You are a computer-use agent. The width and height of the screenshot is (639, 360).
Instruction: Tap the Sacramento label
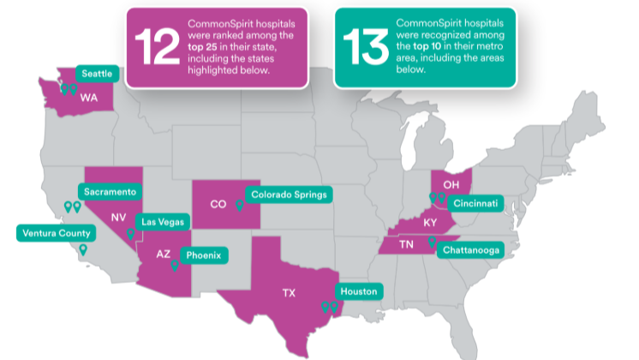(x=111, y=191)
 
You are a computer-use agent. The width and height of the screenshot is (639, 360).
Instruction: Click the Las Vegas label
(x=162, y=222)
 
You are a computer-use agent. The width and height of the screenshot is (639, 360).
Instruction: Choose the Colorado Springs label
(x=288, y=195)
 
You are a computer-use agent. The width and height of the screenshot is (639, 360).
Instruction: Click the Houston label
(x=358, y=291)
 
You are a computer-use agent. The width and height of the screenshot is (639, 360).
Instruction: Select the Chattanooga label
(x=471, y=250)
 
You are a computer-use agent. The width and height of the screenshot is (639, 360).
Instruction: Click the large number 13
(x=365, y=47)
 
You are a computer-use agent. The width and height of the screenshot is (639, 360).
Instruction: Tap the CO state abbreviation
(x=218, y=204)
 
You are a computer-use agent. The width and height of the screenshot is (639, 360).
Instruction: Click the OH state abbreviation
(x=451, y=184)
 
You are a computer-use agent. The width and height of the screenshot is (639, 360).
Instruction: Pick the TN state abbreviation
(x=409, y=244)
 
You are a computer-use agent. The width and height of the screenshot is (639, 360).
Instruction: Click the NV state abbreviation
(x=118, y=217)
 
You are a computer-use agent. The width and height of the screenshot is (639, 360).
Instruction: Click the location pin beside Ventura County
(x=83, y=249)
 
